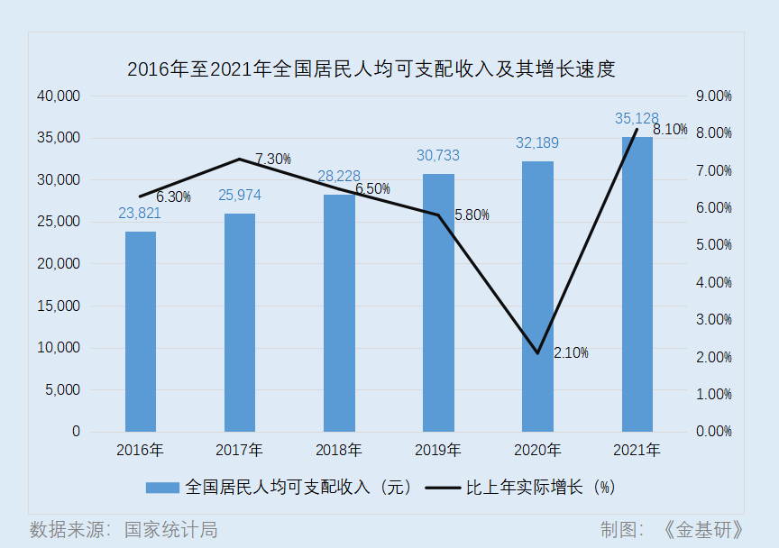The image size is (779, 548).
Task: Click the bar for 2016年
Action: click(x=141, y=332)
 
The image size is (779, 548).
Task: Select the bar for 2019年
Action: click(x=438, y=303)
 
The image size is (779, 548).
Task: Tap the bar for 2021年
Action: click(x=637, y=285)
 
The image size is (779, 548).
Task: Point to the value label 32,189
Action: click(x=537, y=142)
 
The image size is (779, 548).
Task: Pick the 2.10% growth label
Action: click(x=571, y=352)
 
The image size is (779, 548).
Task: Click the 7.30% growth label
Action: click(x=272, y=159)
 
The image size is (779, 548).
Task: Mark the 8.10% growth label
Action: click(x=670, y=129)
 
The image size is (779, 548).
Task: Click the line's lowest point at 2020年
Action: click(x=537, y=353)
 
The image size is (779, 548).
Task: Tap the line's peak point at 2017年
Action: click(x=240, y=160)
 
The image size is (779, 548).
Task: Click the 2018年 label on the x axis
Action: click(x=339, y=450)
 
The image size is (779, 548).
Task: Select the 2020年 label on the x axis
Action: click(x=537, y=450)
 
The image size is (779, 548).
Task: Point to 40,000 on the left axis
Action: click(x=59, y=96)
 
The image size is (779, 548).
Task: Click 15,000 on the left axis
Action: click(x=59, y=306)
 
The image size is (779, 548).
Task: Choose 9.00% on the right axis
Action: click(x=714, y=96)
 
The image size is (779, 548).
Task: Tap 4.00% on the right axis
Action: click(x=714, y=283)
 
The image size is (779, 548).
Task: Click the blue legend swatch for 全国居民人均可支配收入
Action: click(x=162, y=488)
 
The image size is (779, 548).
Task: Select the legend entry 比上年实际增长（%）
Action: click(x=539, y=488)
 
